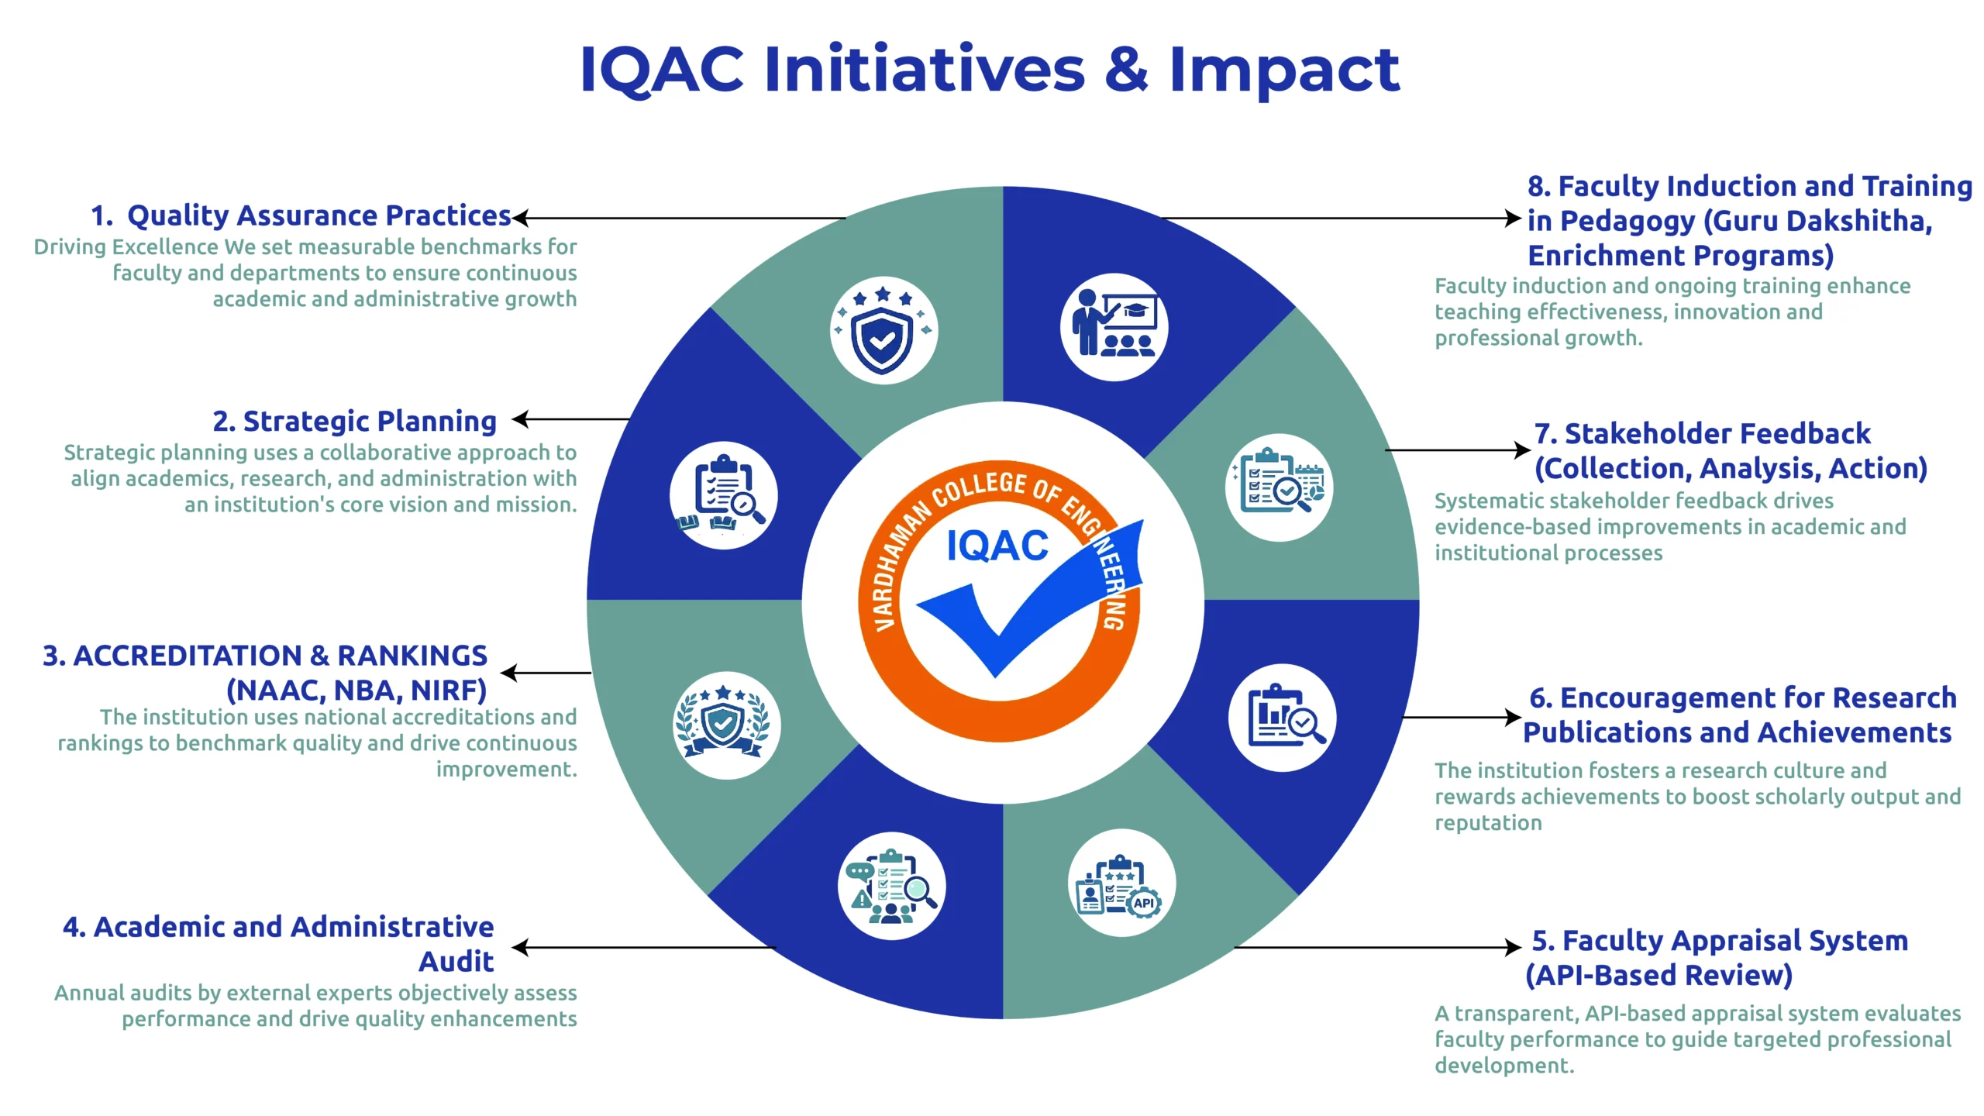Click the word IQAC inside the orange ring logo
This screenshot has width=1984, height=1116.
pyautogui.click(x=997, y=546)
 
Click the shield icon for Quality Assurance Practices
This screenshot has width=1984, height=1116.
pyautogui.click(x=883, y=331)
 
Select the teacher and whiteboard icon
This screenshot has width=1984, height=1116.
pyautogui.click(x=1114, y=325)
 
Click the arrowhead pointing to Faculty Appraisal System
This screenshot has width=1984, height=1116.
pyautogui.click(x=1513, y=947)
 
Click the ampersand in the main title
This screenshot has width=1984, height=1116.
pyautogui.click(x=1126, y=69)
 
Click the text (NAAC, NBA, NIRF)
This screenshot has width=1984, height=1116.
pyautogui.click(x=356, y=690)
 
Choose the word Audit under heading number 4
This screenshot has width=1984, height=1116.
pyautogui.click(x=456, y=961)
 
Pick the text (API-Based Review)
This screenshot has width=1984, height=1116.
pyautogui.click(x=1658, y=975)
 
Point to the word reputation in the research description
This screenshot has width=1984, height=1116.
pyautogui.click(x=1488, y=823)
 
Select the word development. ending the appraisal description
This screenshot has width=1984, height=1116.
pyautogui.click(x=1504, y=1066)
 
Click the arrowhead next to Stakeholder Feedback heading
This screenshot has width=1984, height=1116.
pyautogui.click(x=1522, y=449)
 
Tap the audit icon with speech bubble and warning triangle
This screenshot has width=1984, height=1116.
pyautogui.click(x=891, y=886)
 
